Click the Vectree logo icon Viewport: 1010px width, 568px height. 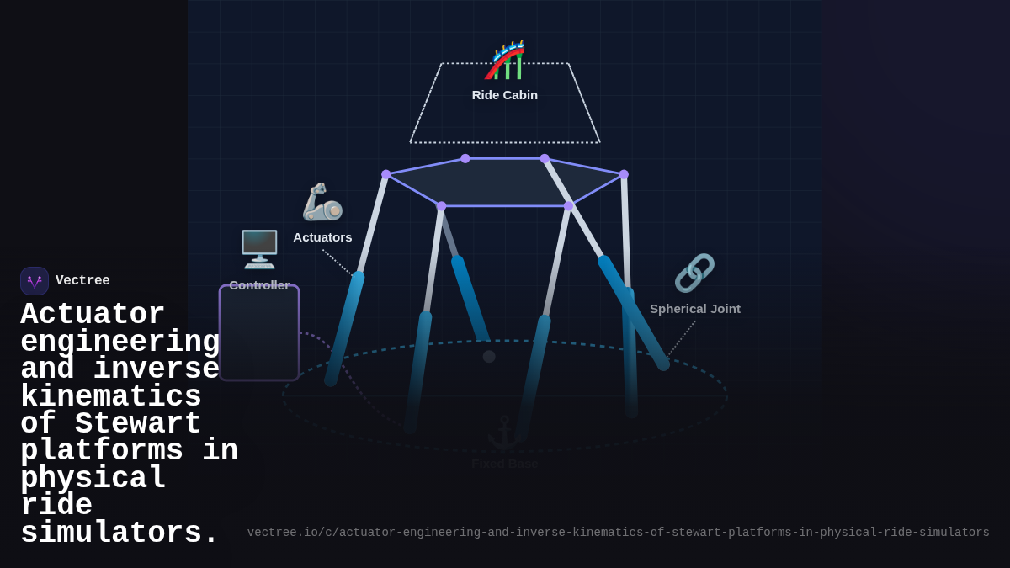coord(35,281)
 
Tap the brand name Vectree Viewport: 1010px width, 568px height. coord(82,281)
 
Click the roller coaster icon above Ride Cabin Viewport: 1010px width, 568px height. coord(505,60)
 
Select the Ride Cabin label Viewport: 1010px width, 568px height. coord(505,95)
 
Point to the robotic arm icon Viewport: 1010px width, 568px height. coord(322,202)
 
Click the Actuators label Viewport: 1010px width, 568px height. coord(322,237)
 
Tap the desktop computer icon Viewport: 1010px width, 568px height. coord(259,249)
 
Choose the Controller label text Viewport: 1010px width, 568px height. coord(259,285)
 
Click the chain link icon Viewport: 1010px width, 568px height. coord(694,273)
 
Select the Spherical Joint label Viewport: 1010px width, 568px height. coord(695,309)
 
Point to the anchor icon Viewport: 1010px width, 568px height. coord(504,433)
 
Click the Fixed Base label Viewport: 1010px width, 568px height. coord(504,464)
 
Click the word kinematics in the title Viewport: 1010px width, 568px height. coord(111,397)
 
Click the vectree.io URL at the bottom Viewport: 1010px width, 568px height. coord(618,533)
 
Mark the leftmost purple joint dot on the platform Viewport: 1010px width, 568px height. coord(386,174)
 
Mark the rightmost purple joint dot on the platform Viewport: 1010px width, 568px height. coord(624,174)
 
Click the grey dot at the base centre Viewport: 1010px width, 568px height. coord(489,357)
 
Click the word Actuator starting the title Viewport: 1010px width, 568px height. coord(93,316)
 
